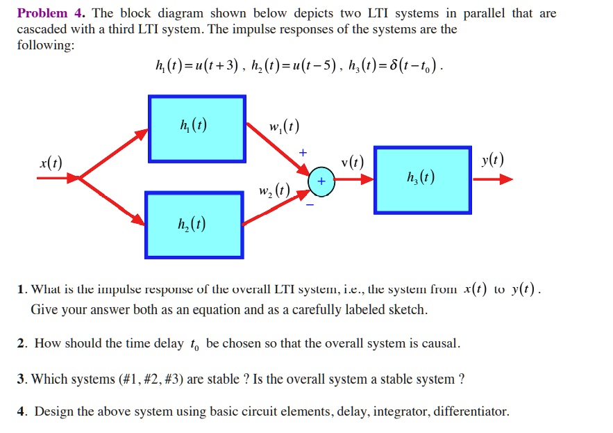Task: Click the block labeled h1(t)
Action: coord(196,129)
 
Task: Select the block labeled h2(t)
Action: coord(194,224)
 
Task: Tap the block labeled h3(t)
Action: coord(423,179)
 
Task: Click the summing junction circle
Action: coord(321,181)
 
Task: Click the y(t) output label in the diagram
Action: coord(492,161)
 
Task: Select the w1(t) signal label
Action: coord(285,127)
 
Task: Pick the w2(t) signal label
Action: coord(274,190)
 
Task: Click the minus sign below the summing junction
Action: coord(310,204)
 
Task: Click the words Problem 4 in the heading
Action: coord(42,13)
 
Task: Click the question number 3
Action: coord(21,379)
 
